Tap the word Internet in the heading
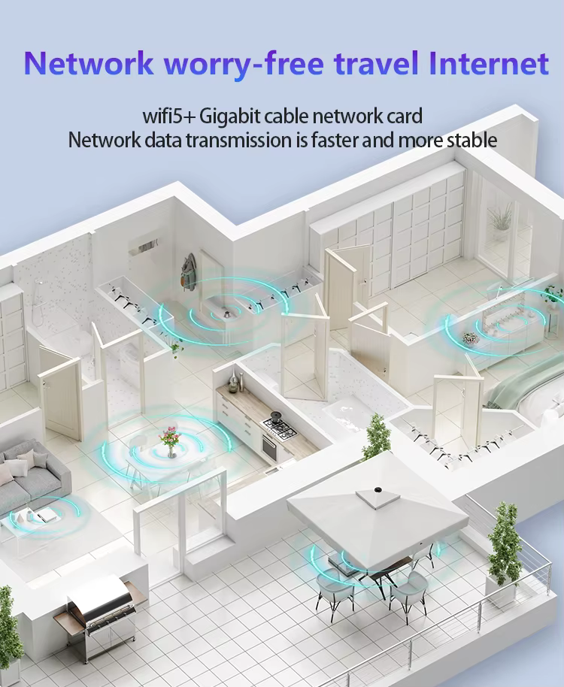tap(489, 64)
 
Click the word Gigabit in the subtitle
tap(232, 117)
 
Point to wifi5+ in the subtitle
tap(168, 117)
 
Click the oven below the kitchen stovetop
tap(268, 449)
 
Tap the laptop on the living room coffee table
tap(47, 515)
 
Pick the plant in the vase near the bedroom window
tap(500, 222)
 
